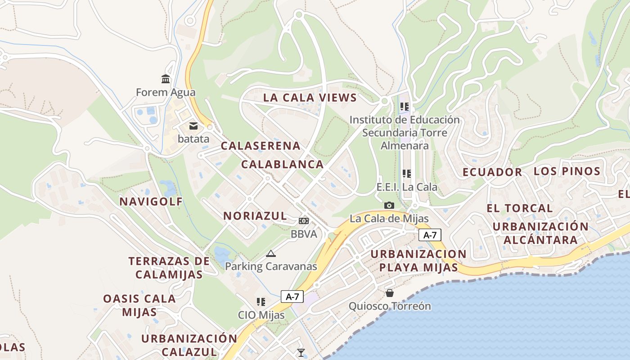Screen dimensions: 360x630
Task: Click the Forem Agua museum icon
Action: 166,79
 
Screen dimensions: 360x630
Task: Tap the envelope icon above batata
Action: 193,126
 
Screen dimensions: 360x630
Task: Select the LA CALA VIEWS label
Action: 310,98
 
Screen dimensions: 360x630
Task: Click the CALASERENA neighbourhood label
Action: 261,146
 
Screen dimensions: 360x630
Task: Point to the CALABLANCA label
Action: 282,164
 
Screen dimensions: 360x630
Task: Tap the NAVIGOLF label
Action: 151,202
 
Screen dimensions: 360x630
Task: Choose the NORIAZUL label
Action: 255,216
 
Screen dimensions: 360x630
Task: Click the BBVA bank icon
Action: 304,221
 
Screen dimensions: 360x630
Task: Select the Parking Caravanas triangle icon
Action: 270,254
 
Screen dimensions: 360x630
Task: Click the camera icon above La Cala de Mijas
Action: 389,206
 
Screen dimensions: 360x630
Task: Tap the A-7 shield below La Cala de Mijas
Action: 430,235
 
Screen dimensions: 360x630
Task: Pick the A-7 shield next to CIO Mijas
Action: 292,297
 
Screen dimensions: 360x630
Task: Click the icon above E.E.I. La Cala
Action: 407,174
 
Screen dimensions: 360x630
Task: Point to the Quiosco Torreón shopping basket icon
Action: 390,293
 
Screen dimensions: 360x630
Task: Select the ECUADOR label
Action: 492,172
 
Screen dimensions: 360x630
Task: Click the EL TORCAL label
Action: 520,208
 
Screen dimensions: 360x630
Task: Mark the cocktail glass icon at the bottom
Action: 301,353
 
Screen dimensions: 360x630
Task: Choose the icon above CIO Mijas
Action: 261,302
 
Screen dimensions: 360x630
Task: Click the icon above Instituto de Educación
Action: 405,107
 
